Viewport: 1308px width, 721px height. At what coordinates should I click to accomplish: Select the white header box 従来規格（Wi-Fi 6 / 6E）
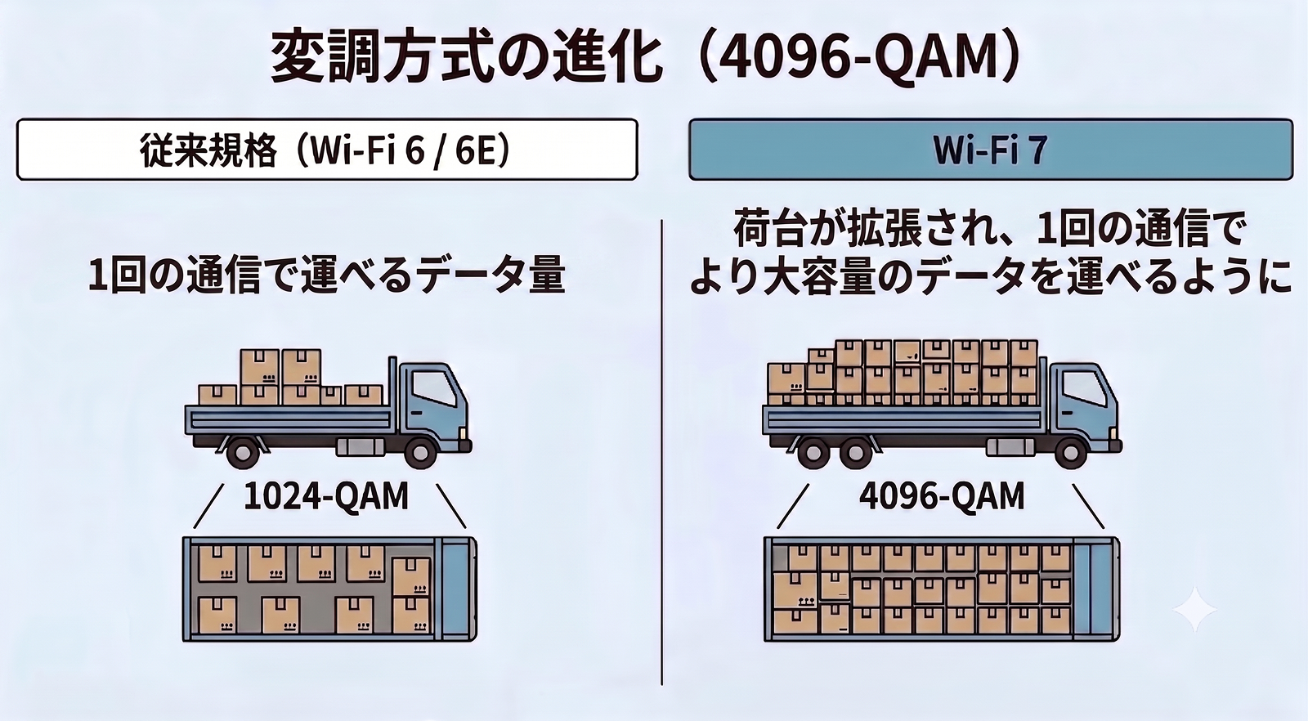click(x=327, y=150)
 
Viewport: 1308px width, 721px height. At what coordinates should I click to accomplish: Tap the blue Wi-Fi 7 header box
click(x=991, y=150)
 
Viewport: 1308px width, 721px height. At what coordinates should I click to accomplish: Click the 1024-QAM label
click(x=326, y=497)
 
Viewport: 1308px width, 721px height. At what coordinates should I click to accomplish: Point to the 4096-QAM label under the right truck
click(x=942, y=497)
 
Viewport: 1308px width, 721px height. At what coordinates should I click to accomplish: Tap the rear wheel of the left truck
click(x=243, y=450)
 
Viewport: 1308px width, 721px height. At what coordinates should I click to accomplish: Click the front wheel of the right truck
click(x=1071, y=450)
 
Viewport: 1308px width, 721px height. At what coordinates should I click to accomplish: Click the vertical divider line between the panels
click(x=661, y=452)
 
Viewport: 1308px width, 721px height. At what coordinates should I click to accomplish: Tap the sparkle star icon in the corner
click(x=1194, y=610)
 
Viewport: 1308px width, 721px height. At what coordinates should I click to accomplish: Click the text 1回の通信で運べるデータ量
click(x=326, y=275)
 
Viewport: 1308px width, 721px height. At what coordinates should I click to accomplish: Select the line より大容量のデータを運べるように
click(x=990, y=275)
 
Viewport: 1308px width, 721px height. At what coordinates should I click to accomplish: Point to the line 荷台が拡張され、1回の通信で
click(x=990, y=229)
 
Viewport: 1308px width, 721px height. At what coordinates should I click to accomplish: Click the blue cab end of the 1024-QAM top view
click(x=459, y=589)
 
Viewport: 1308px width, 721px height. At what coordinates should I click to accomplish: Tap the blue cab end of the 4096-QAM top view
click(x=1096, y=589)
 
